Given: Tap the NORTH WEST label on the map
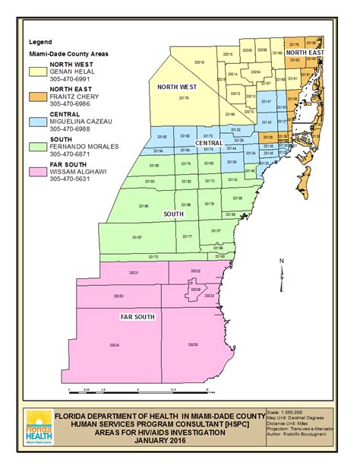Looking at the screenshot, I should point(176,87).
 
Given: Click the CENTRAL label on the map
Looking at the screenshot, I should point(208,143).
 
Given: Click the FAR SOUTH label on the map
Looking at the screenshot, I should point(134,314).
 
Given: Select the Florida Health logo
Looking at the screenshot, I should point(38,425).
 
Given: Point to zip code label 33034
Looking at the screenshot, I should point(115,345).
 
